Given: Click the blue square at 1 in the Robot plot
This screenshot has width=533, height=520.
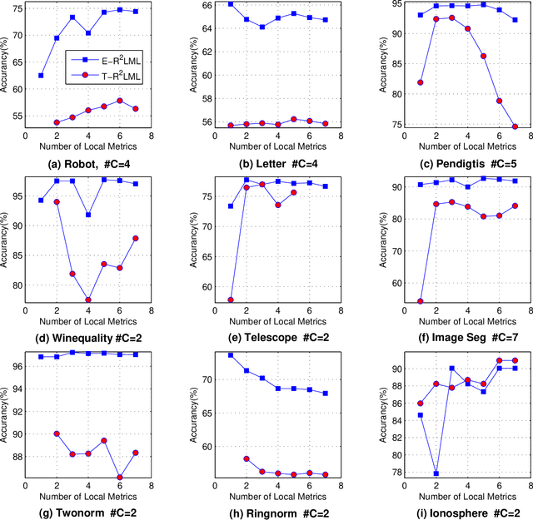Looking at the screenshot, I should tap(41, 76).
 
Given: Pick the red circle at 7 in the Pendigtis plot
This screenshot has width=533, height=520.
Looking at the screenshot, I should tap(515, 127).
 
